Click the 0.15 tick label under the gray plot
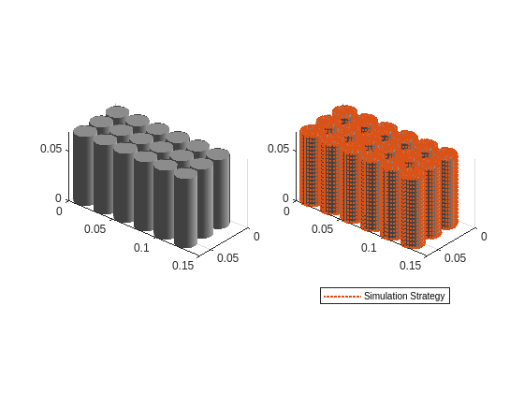click(x=182, y=266)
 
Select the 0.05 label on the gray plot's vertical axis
click(x=51, y=149)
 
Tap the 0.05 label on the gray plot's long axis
click(x=94, y=229)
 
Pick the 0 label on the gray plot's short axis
click(x=256, y=236)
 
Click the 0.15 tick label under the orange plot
click(x=410, y=266)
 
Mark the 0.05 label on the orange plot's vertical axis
click(x=278, y=149)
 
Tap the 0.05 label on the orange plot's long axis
click(x=321, y=229)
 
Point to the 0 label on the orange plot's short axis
click(x=484, y=236)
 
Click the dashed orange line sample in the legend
click(x=342, y=296)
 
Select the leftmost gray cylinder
click(x=84, y=168)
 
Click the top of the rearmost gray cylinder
click(x=117, y=112)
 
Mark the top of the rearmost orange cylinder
click(x=344, y=112)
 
